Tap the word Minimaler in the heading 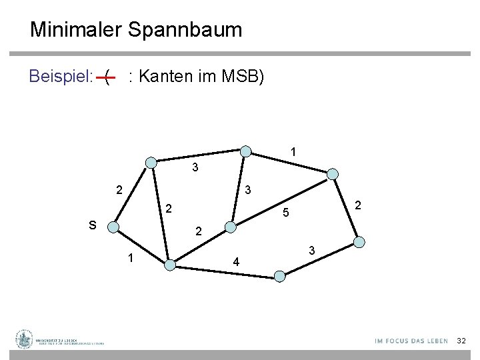click(73, 30)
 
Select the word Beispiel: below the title click(61, 77)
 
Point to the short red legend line click(105, 78)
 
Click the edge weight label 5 click(285, 214)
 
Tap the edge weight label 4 click(235, 261)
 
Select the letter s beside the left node click(92, 225)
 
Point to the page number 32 click(461, 341)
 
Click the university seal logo click(25, 340)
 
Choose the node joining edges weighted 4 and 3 click(281, 275)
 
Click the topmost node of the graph click(246, 151)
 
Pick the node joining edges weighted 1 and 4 click(170, 265)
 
